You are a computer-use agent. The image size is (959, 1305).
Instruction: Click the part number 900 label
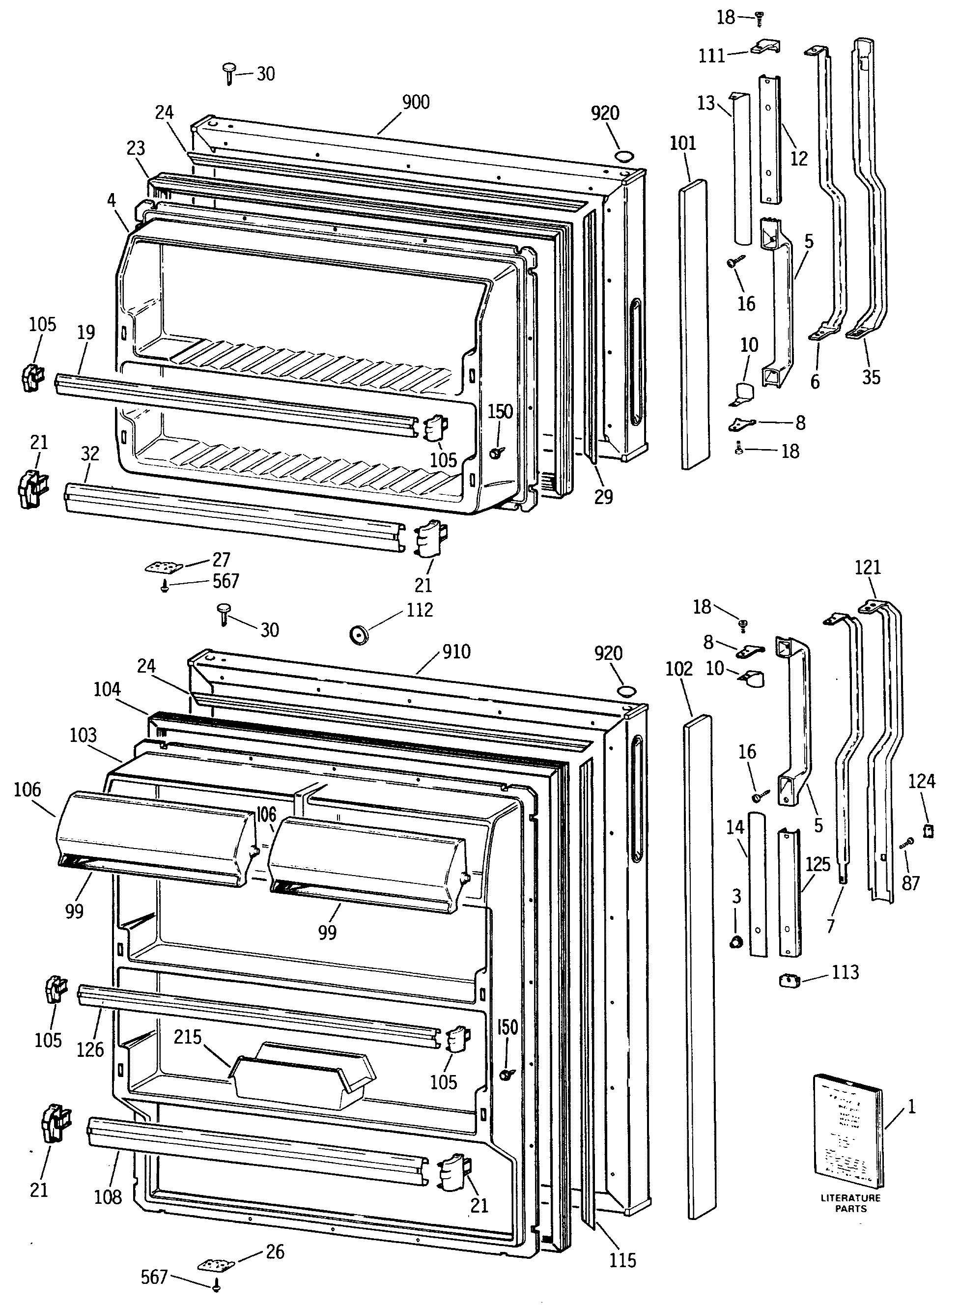(416, 103)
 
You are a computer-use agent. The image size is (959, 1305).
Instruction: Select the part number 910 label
(456, 652)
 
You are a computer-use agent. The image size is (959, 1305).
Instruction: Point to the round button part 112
(359, 634)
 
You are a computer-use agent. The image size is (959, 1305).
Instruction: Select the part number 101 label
(683, 143)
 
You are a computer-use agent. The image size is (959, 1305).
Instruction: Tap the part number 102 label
(679, 669)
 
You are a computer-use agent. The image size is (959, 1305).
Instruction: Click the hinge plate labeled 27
(163, 566)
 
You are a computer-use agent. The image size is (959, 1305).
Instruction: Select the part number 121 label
(868, 567)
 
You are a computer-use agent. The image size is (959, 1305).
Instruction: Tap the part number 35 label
(871, 377)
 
